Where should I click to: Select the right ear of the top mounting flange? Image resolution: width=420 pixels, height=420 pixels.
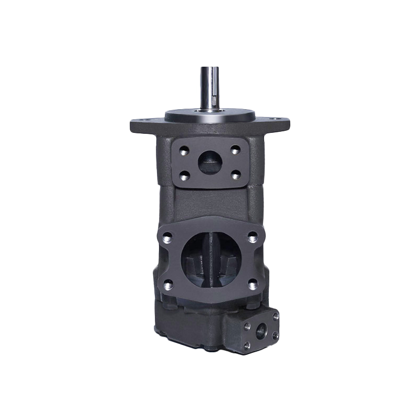pyautogui.click(x=282, y=124)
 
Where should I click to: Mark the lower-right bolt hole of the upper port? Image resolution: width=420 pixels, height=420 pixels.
pyautogui.click(x=235, y=174)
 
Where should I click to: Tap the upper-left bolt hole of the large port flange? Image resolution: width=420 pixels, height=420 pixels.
pyautogui.click(x=168, y=236)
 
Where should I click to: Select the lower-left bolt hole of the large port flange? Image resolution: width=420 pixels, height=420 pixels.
pyautogui.click(x=168, y=285)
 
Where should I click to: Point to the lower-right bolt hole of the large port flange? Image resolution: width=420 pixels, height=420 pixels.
pyautogui.click(x=253, y=285)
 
